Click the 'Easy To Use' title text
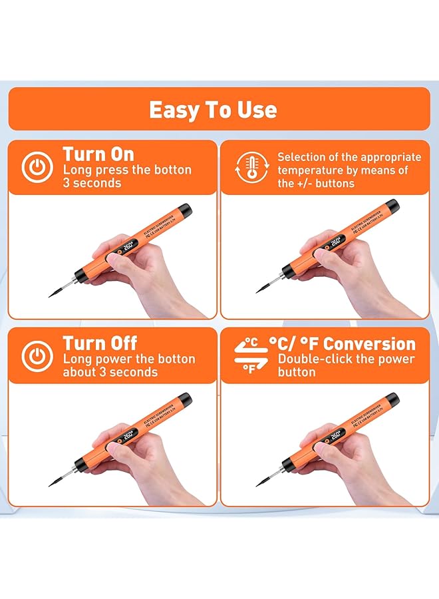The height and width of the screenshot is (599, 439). [x=213, y=109]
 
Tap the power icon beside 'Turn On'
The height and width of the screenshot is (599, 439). [x=37, y=168]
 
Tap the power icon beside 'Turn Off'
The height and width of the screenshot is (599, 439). [x=37, y=357]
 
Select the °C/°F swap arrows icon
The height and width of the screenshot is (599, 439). [x=249, y=355]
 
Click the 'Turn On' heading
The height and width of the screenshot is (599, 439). [x=98, y=154]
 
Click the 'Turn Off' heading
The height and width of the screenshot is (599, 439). [x=100, y=343]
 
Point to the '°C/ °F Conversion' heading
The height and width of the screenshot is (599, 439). [x=342, y=344]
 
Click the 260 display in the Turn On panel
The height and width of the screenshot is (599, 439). [x=128, y=246]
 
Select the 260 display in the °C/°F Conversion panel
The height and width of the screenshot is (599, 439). [x=337, y=435]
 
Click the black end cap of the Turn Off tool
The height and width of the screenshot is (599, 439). [x=185, y=400]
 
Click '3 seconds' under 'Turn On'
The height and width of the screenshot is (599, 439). [x=92, y=183]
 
